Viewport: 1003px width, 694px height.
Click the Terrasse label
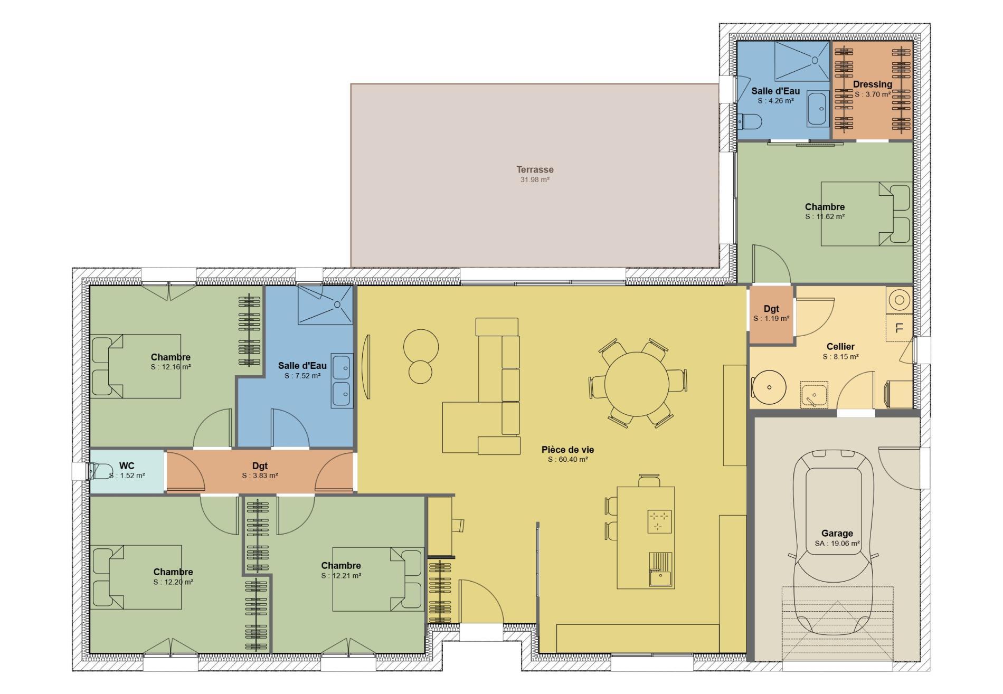pyautogui.click(x=535, y=169)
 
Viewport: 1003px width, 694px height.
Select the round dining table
pyautogui.click(x=637, y=384)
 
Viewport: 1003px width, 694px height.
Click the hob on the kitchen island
pyautogui.click(x=659, y=521)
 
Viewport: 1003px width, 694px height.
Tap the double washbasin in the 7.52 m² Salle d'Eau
pyautogui.click(x=342, y=380)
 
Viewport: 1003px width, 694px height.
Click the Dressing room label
pyautogui.click(x=872, y=84)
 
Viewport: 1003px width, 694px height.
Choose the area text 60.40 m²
pyautogui.click(x=567, y=460)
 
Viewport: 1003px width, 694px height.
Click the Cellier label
pyautogui.click(x=840, y=347)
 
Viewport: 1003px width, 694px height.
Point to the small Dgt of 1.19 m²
pyautogui.click(x=771, y=314)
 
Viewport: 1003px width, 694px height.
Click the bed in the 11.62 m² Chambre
pyautogui.click(x=866, y=214)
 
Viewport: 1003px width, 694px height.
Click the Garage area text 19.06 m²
pyautogui.click(x=837, y=544)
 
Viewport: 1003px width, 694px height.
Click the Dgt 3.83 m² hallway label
pyautogui.click(x=260, y=466)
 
